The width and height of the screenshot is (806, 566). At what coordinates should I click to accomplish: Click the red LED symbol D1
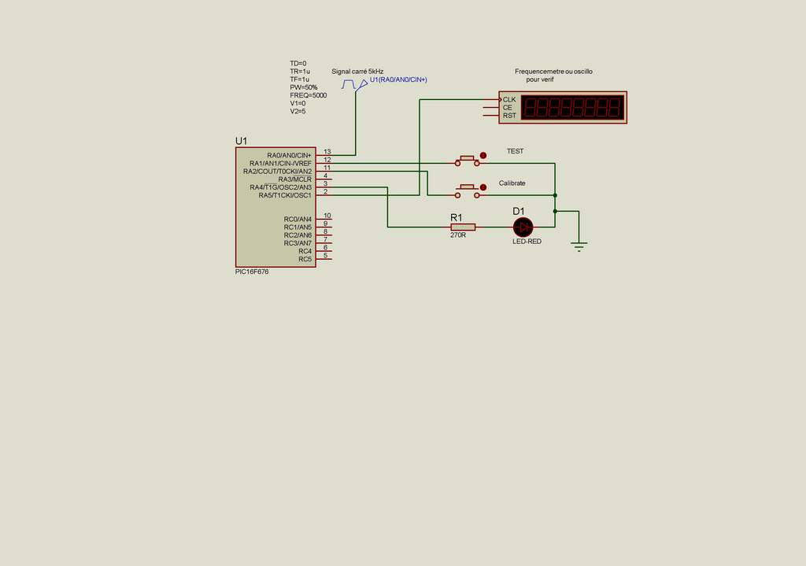click(523, 228)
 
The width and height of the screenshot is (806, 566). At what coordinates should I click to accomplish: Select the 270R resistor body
click(463, 228)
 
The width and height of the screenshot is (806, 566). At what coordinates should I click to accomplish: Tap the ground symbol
click(579, 247)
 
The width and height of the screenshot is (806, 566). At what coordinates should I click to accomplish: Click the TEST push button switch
click(467, 161)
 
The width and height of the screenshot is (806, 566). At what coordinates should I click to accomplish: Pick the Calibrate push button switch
click(467, 190)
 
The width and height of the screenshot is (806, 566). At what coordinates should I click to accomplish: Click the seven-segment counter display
click(573, 107)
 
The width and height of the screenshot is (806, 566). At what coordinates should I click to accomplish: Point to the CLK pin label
click(509, 100)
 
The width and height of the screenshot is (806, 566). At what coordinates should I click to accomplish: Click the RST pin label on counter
click(509, 116)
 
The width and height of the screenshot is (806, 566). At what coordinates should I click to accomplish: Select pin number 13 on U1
click(327, 151)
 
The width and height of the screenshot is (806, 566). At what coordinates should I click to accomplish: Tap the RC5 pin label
click(305, 259)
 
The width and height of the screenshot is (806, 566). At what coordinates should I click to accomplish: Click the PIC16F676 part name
click(252, 272)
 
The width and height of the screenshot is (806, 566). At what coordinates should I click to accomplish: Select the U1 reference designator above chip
click(242, 141)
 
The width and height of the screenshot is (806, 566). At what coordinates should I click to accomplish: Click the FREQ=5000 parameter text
click(308, 95)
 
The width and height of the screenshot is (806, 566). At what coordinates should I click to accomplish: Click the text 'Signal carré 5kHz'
click(357, 71)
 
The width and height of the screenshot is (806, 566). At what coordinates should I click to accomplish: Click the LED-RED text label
click(527, 242)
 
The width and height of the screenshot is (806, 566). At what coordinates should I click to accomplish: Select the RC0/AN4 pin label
click(298, 219)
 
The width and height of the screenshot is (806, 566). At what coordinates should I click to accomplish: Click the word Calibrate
click(512, 183)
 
